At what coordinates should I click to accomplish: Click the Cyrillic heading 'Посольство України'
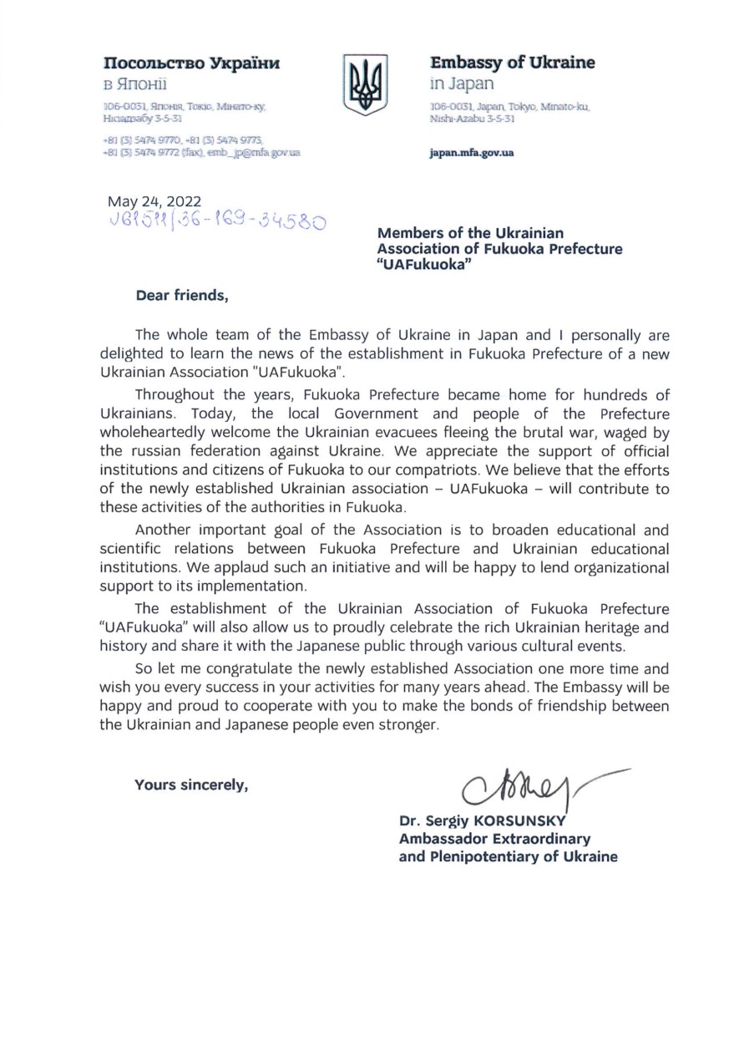[x=190, y=63]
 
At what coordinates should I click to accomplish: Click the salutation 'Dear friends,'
[x=181, y=294]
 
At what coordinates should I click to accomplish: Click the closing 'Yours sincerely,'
[x=192, y=784]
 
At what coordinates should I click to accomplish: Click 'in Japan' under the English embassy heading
[x=462, y=84]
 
